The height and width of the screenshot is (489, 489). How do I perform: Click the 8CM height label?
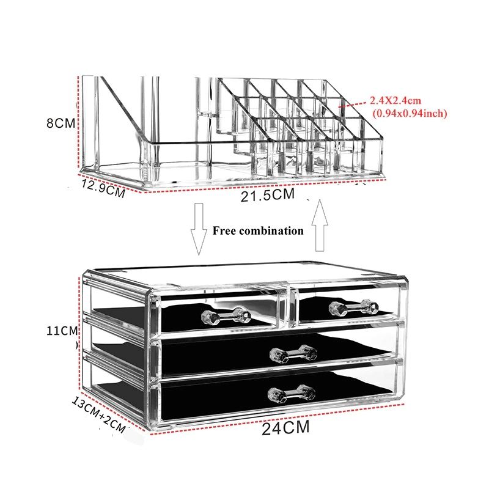(61, 123)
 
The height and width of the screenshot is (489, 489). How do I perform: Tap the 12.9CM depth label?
(103, 188)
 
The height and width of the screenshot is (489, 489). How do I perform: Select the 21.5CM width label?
(268, 195)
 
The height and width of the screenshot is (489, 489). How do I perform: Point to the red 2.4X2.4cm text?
(395, 101)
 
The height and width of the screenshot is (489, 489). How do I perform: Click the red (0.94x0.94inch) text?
(410, 113)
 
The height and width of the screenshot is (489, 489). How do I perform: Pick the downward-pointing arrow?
(199, 229)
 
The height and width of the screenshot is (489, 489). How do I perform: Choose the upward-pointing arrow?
(320, 225)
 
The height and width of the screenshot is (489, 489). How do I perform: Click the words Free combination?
(258, 231)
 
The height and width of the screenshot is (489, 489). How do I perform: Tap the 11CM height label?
(62, 331)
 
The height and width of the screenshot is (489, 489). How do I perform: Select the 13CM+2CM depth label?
(98, 414)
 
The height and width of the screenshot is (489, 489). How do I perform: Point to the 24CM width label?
(285, 427)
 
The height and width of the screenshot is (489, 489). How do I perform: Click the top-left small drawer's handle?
(226, 315)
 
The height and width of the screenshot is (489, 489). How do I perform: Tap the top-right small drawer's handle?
(354, 308)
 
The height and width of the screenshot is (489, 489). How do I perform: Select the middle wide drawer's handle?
(293, 354)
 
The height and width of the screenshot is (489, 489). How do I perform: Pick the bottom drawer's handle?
(292, 394)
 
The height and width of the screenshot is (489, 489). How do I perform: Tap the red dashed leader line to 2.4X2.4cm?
(353, 104)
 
